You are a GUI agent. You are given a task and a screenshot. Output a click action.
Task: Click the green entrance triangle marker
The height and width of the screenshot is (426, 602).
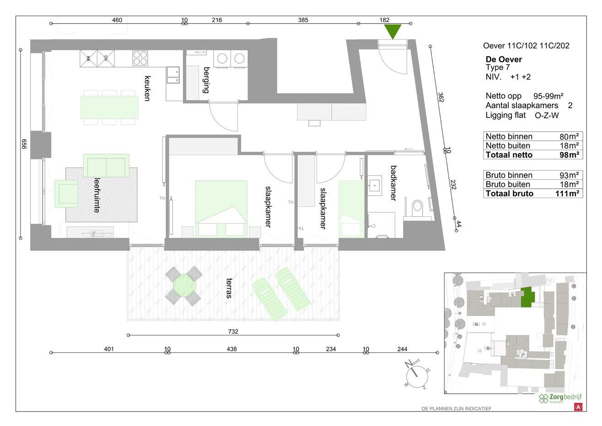pyautogui.click(x=392, y=31)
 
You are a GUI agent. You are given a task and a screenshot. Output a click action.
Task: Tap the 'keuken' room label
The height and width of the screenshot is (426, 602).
pyautogui.click(x=147, y=88)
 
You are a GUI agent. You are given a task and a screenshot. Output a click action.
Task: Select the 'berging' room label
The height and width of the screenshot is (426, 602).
pyautogui.click(x=206, y=80)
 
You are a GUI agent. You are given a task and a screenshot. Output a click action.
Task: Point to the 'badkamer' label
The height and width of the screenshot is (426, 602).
pyautogui.click(x=392, y=183)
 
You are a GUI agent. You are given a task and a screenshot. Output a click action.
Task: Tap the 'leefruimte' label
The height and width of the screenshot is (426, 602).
pyautogui.click(x=97, y=195)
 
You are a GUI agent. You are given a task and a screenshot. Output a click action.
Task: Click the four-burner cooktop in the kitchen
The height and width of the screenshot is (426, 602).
pyautogui.click(x=140, y=58)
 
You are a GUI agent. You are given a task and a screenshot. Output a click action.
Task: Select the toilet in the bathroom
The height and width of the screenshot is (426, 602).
pyautogui.click(x=417, y=206)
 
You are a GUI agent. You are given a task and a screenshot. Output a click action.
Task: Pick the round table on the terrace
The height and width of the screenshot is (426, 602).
pyautogui.click(x=183, y=286)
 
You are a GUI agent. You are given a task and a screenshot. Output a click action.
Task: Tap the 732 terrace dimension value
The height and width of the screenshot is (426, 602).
pyautogui.click(x=233, y=331)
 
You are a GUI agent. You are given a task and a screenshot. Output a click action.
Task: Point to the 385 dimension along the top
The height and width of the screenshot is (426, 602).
pyautogui.click(x=303, y=20)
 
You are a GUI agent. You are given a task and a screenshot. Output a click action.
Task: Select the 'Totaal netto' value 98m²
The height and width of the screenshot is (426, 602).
pyautogui.click(x=569, y=155)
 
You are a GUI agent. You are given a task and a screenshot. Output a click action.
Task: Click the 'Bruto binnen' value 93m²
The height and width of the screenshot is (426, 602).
pyautogui.click(x=569, y=175)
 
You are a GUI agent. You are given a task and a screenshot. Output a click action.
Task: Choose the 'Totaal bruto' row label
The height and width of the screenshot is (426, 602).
pyautogui.click(x=509, y=194)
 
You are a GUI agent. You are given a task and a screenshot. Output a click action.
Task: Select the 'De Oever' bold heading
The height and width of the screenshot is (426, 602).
pyautogui.click(x=504, y=59)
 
